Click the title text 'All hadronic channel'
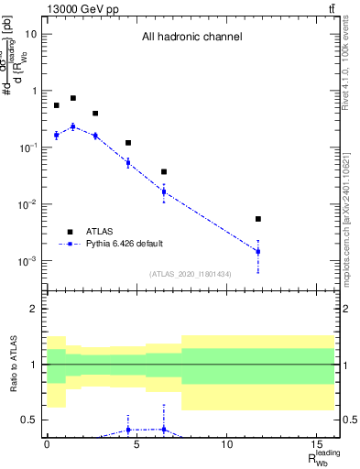tap(191, 38)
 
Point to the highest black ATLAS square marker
tap(73, 98)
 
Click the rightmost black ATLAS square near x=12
tap(258, 219)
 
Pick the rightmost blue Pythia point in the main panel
tap(258, 251)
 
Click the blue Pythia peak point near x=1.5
tap(73, 126)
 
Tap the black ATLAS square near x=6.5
tap(164, 171)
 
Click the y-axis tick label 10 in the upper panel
tap(30, 34)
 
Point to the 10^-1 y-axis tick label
tap(27, 147)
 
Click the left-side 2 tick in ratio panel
tap(34, 309)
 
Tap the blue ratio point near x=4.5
tap(128, 429)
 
